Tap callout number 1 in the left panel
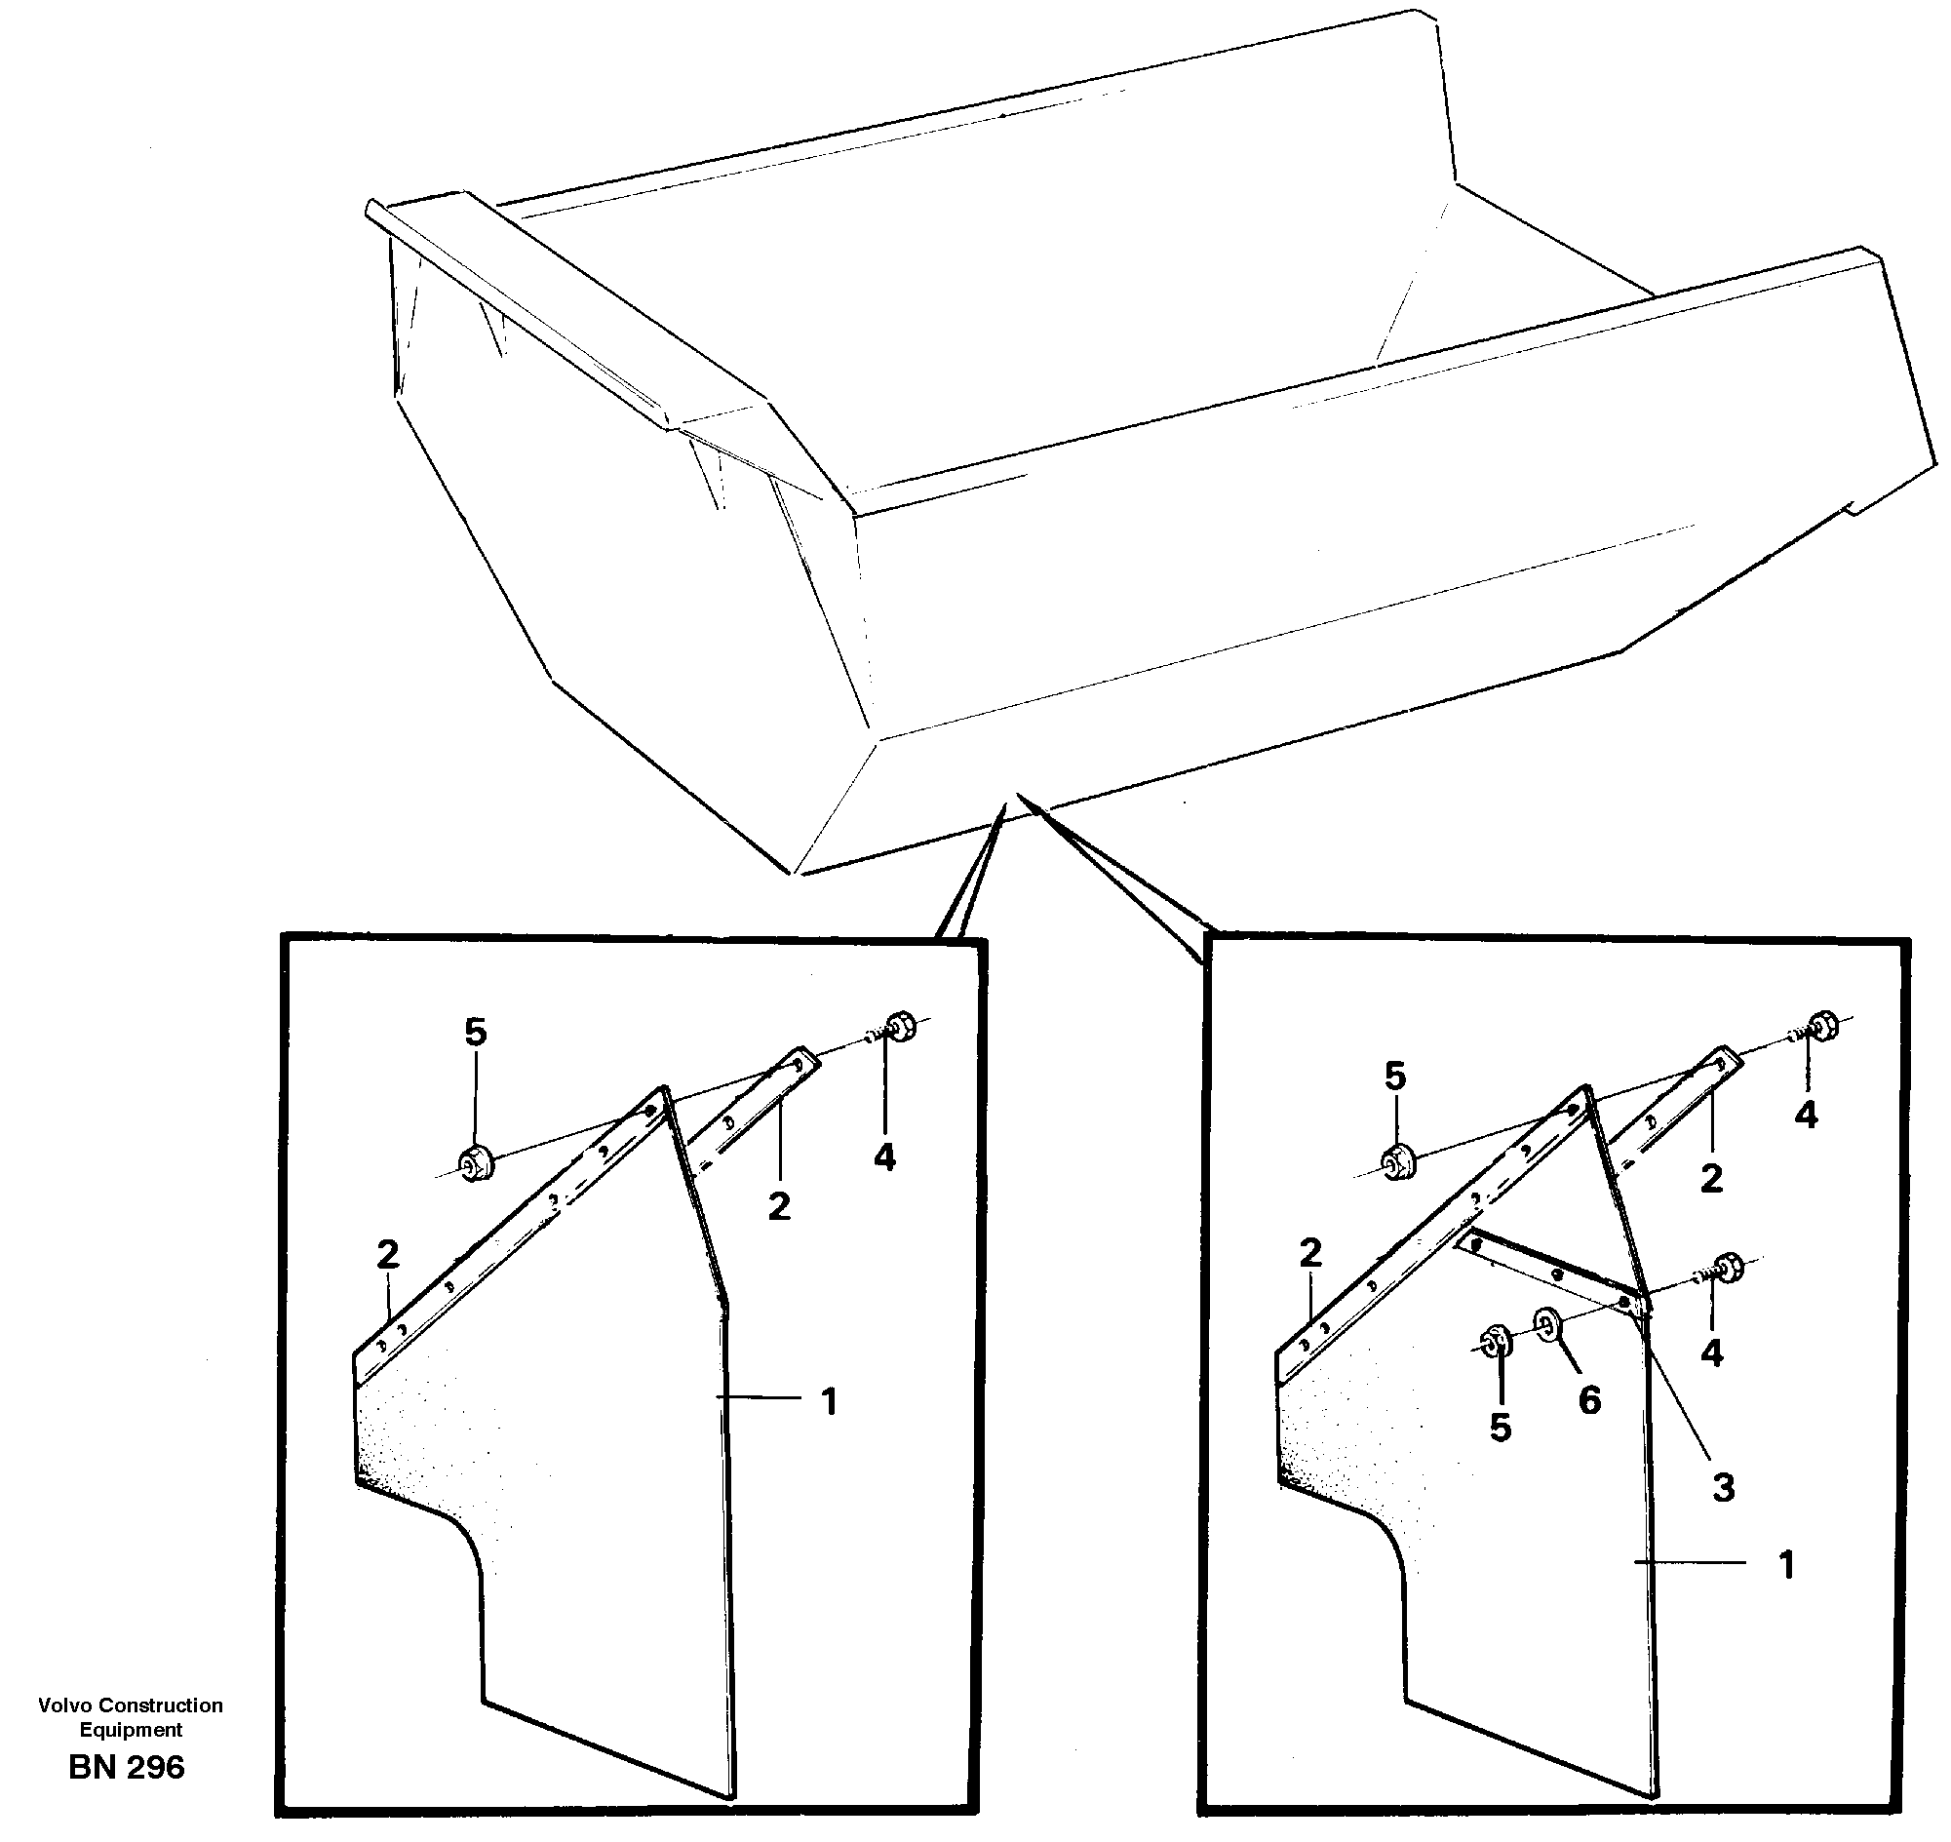tap(829, 1401)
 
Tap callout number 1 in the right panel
tap(1786, 1564)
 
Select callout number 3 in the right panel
tap(1723, 1487)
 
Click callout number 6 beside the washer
tap(1589, 1399)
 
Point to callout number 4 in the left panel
tap(884, 1157)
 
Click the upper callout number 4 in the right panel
tap(1806, 1115)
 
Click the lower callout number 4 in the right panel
tap(1711, 1353)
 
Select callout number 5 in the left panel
tap(475, 1032)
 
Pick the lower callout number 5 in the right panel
tap(1501, 1428)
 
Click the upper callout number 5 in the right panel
tap(1395, 1078)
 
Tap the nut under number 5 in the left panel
tap(476, 1163)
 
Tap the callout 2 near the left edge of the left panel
tap(388, 1254)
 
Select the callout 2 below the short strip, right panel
tap(1711, 1177)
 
